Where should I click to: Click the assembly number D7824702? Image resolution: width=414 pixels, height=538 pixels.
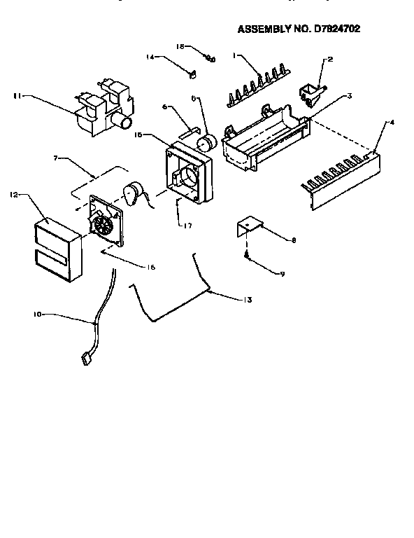point(338,29)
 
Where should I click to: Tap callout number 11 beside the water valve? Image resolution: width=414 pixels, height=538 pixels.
point(17,96)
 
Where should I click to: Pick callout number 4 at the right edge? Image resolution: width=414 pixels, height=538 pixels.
point(392,122)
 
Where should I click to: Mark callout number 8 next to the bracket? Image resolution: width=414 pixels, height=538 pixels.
point(293,240)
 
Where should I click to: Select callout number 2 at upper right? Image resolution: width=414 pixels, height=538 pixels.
point(329,60)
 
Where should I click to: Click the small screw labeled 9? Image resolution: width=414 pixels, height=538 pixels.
point(248,258)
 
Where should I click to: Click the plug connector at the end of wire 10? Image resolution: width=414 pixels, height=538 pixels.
point(86,360)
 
